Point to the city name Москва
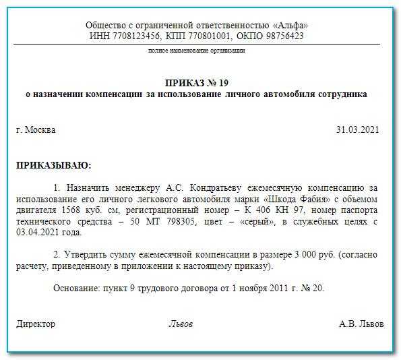pyautogui.click(x=40, y=130)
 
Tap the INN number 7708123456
pyautogui.click(x=131, y=36)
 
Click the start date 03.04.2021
pyautogui.click(x=38, y=233)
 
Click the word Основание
pyautogui.click(x=75, y=289)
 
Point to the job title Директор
pyautogui.click(x=36, y=324)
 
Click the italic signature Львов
pyautogui.click(x=180, y=324)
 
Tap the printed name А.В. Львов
pyautogui.click(x=361, y=324)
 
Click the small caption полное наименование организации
pyautogui.click(x=196, y=51)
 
